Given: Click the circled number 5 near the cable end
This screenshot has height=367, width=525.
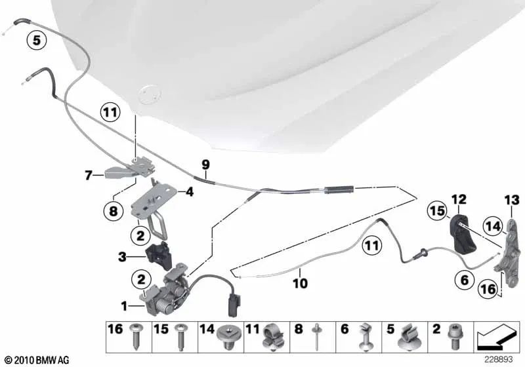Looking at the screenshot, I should pyautogui.click(x=37, y=41).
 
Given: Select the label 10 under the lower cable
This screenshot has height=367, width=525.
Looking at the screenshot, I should pyautogui.click(x=299, y=284).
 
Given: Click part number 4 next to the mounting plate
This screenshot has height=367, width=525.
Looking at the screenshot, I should pyautogui.click(x=189, y=193).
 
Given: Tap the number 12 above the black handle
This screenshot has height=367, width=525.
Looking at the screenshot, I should pyautogui.click(x=457, y=199).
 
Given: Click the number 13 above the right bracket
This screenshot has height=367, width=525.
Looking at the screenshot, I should pyautogui.click(x=511, y=199).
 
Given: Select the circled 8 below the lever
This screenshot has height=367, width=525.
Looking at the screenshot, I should pyautogui.click(x=112, y=211).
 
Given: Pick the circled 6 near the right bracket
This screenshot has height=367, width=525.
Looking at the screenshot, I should pyautogui.click(x=464, y=280).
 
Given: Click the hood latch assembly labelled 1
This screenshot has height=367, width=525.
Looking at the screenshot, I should pyautogui.click(x=167, y=298).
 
